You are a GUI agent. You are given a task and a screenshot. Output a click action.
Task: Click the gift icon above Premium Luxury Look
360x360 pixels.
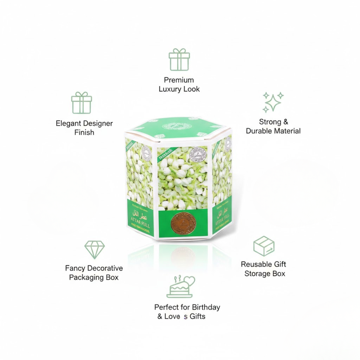pos(179,59)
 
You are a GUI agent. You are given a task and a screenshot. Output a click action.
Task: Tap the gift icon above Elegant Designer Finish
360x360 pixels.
pos(81,103)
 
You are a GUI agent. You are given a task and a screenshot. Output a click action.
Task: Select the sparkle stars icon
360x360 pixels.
pos(273,102)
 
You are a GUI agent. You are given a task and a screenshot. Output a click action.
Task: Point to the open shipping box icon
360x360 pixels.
pos(264,246)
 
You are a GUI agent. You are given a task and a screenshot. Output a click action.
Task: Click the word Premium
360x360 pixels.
pos(179,80)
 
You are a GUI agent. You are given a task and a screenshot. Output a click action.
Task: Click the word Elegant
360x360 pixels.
pos(70,123)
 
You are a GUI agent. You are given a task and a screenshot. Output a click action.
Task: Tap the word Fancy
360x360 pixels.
pos(75,268)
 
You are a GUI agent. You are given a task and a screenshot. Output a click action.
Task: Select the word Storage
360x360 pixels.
pos(257,273)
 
